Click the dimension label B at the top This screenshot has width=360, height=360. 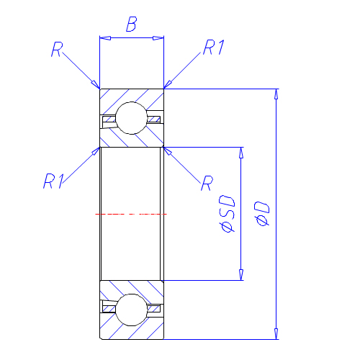click(x=132, y=24)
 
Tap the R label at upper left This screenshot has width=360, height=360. click(x=57, y=49)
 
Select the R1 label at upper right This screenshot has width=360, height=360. click(x=214, y=47)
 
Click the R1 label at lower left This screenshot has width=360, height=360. click(x=54, y=181)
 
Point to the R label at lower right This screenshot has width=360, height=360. click(x=207, y=183)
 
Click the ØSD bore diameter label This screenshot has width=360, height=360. click(x=227, y=214)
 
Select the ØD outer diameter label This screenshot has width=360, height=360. click(x=262, y=214)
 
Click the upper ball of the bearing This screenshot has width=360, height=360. click(x=132, y=118)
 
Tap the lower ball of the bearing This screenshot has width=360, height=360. click(x=132, y=310)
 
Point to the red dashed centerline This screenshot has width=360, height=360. click(x=131, y=214)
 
